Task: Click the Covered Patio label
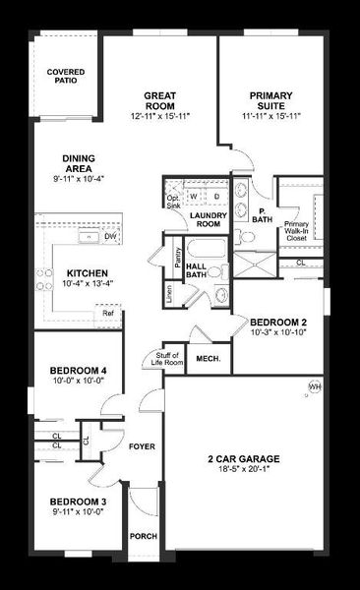(65, 76)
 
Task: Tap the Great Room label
(159, 98)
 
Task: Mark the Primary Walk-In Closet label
(297, 230)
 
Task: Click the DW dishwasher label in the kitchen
(110, 236)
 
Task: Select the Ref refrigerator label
(105, 313)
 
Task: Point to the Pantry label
(177, 257)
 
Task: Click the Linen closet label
(169, 291)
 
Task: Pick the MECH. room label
(208, 360)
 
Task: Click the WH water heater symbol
(315, 386)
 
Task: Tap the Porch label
(143, 536)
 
